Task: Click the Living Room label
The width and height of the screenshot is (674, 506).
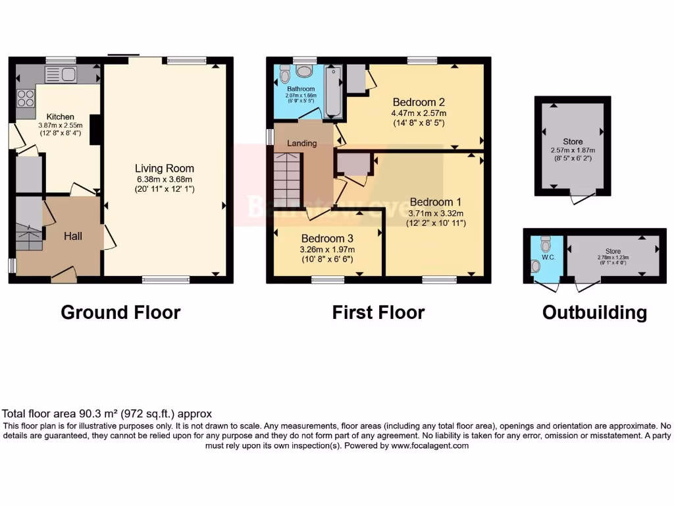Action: click(x=165, y=169)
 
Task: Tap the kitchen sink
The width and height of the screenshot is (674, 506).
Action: click(x=61, y=74)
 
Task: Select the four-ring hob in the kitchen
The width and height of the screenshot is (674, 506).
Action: click(x=26, y=98)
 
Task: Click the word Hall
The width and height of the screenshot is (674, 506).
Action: click(x=73, y=236)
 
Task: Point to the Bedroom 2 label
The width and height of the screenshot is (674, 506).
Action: click(x=419, y=102)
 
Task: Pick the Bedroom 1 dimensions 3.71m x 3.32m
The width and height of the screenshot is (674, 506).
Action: click(x=436, y=213)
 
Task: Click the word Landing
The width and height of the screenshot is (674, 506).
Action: click(x=302, y=143)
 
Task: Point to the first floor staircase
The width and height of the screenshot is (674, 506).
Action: click(x=288, y=179)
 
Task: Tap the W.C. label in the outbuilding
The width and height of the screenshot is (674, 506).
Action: click(x=548, y=257)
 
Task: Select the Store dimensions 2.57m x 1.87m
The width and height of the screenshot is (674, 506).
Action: click(x=573, y=150)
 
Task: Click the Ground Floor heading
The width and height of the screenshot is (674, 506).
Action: click(x=120, y=312)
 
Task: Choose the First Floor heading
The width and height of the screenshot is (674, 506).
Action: click(x=378, y=312)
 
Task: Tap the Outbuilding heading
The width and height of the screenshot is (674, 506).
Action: click(x=594, y=312)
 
